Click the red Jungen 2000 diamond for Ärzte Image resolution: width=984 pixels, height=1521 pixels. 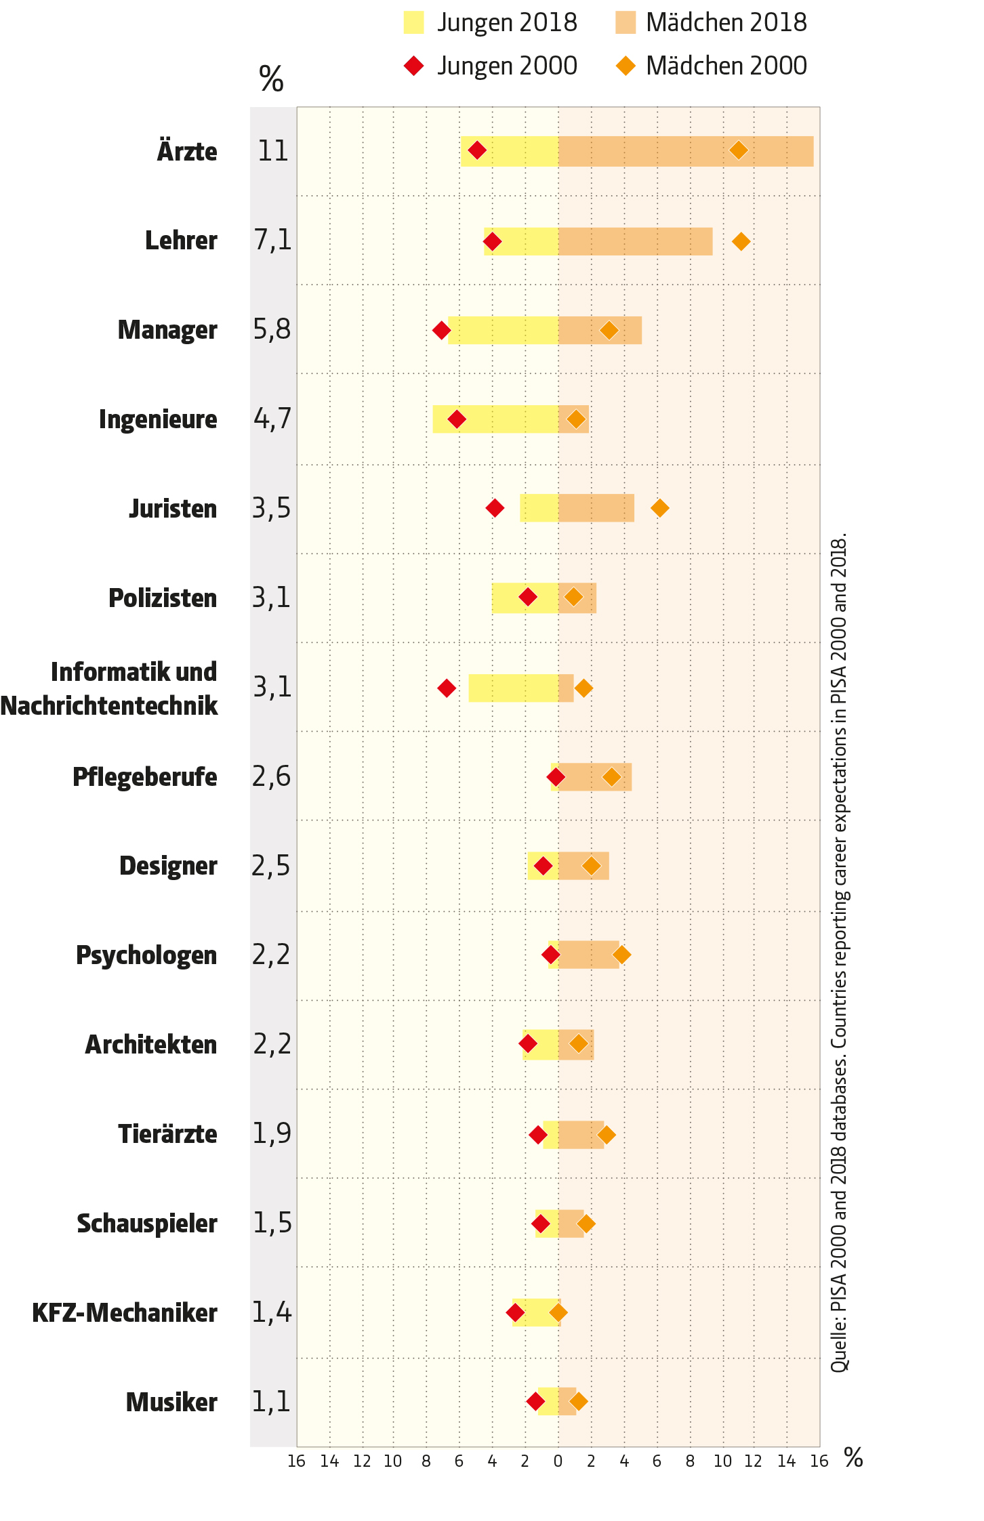click(477, 150)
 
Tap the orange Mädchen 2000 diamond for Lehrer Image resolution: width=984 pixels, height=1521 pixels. click(741, 241)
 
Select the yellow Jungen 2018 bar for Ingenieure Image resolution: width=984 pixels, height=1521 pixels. click(495, 419)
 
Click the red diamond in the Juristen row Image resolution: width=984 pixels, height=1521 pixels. click(495, 507)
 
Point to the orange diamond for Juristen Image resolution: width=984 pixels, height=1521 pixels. click(659, 507)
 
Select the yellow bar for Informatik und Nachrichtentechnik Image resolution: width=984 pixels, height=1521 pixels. click(513, 688)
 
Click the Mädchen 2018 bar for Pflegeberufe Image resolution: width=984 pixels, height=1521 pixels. click(595, 777)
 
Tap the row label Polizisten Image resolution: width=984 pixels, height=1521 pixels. click(163, 598)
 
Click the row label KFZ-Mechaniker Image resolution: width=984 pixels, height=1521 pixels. click(125, 1313)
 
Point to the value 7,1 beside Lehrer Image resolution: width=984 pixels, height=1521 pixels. click(272, 240)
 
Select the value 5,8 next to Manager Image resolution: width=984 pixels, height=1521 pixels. click(272, 330)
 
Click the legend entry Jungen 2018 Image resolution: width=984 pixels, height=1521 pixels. click(490, 22)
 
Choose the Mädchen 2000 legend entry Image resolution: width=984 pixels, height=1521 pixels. click(712, 66)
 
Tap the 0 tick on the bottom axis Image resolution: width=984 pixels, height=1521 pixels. click(558, 1461)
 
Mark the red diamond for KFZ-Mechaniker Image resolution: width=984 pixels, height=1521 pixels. click(515, 1313)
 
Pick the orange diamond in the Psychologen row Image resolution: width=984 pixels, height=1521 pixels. click(621, 955)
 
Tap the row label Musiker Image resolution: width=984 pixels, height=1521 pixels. click(171, 1402)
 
